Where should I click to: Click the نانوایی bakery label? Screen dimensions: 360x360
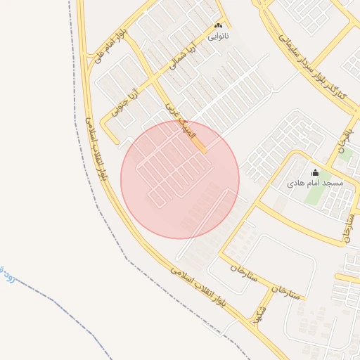tap(217, 34)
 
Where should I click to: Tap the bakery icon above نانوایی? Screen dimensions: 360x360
tap(217, 25)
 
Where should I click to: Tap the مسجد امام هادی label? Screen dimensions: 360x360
tap(315, 183)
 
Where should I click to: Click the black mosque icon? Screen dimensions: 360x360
tap(315, 172)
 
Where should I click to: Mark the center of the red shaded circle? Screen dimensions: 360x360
tap(180, 179)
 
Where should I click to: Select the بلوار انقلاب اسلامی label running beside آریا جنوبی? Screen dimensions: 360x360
tap(98, 148)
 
